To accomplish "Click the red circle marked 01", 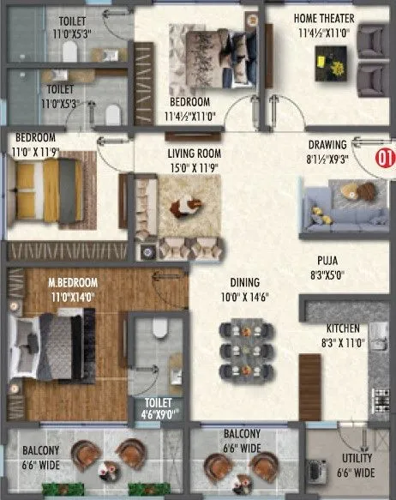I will tap(384, 157).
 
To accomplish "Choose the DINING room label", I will tap(244, 282).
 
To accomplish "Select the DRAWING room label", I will tap(328, 145).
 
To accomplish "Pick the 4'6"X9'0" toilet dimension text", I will tap(159, 414).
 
